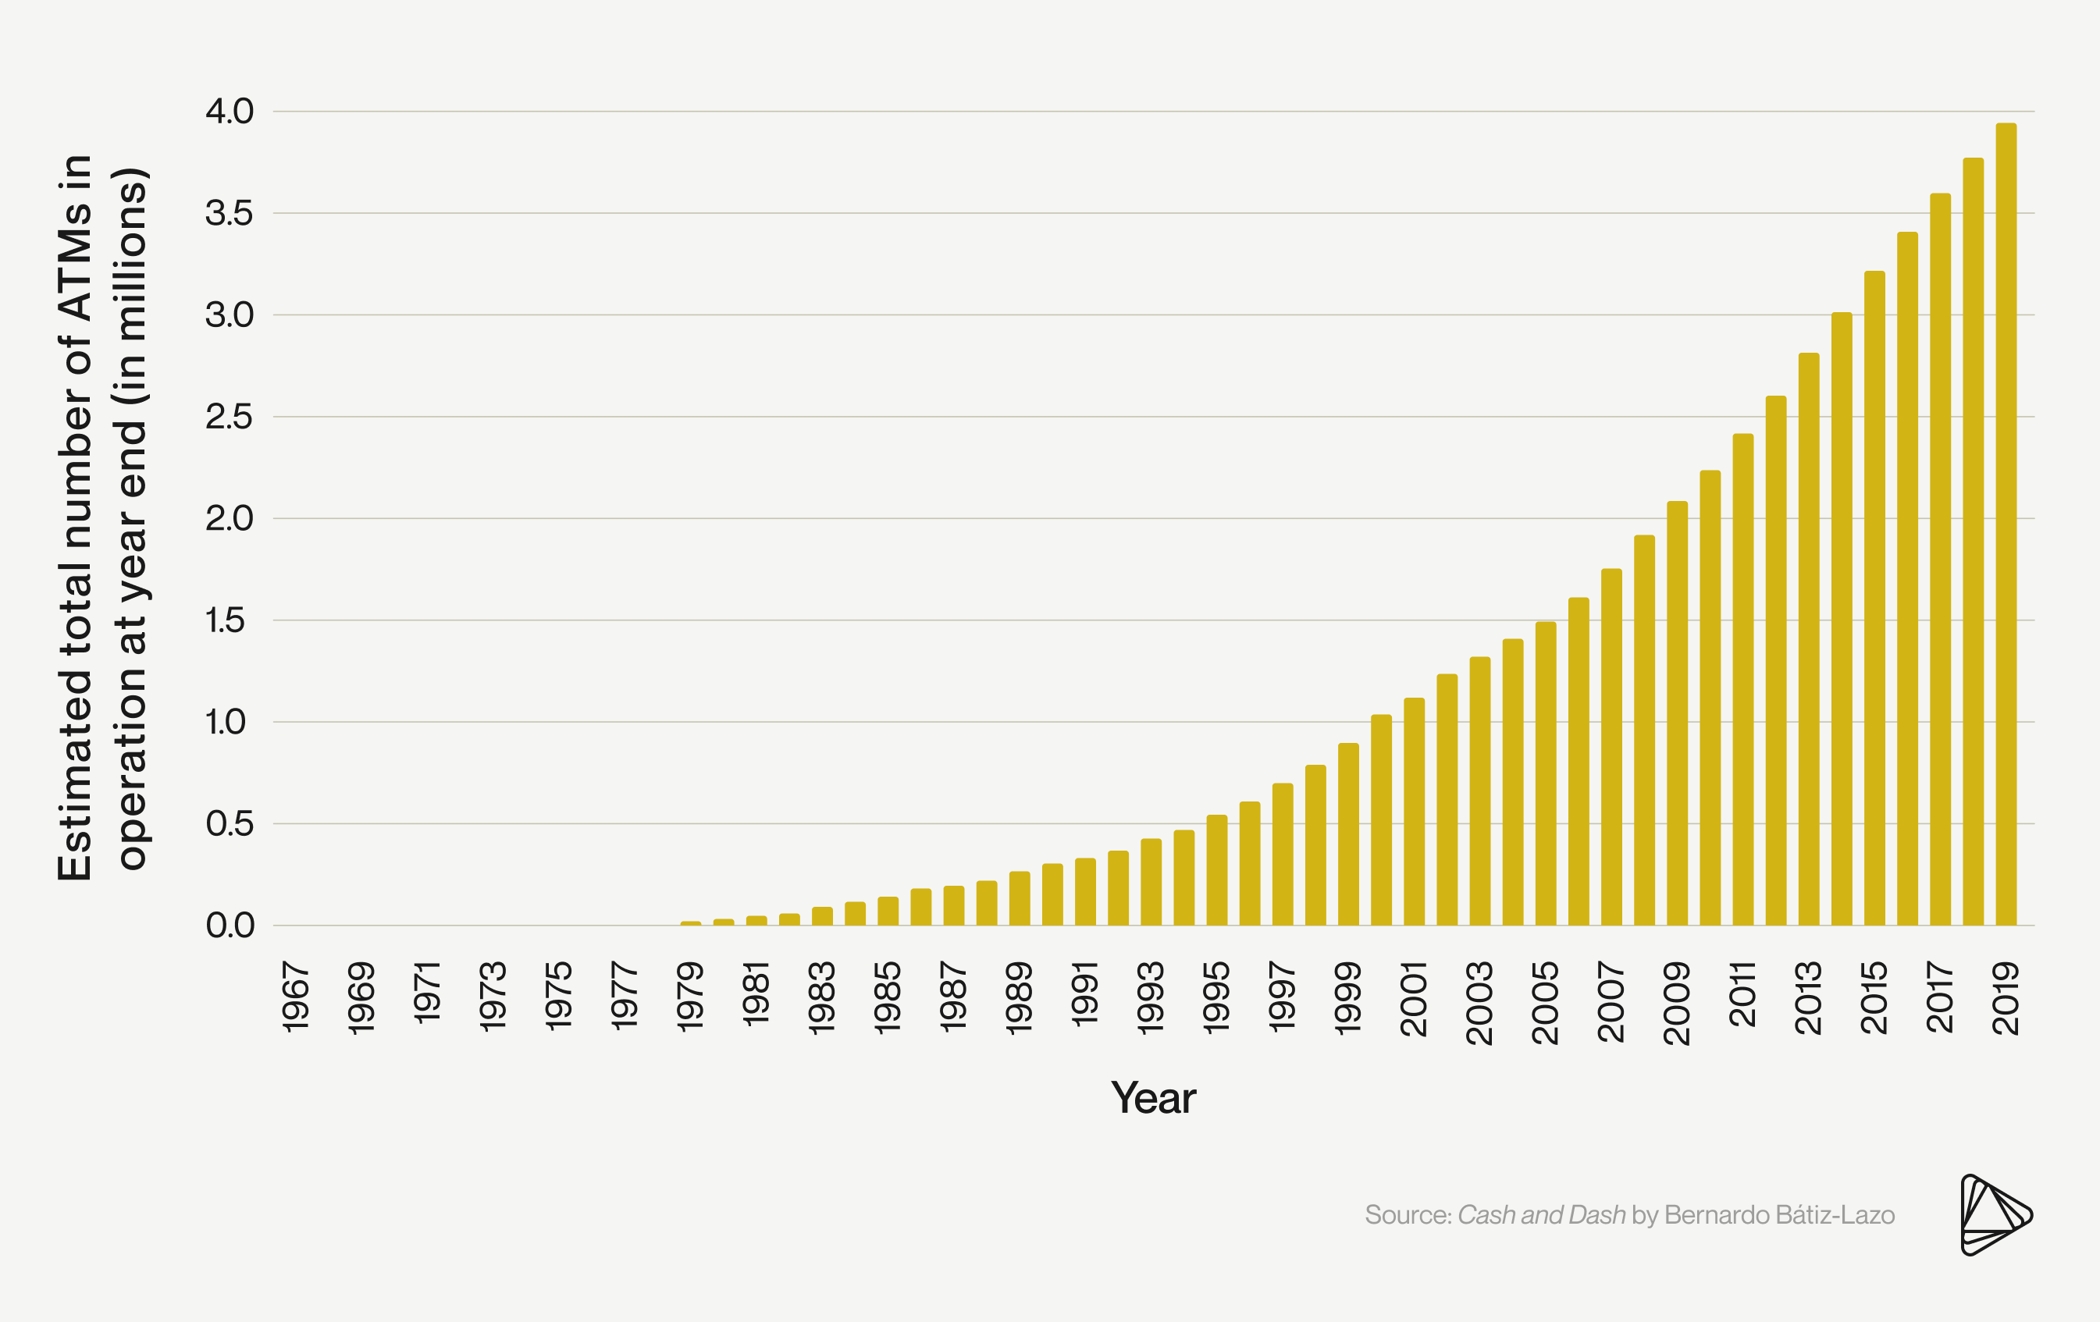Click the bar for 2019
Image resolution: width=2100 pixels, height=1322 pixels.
pyautogui.click(x=2006, y=523)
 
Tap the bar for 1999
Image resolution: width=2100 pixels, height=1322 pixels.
pyautogui.click(x=1348, y=833)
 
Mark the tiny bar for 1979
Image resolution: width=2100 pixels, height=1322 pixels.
pyautogui.click(x=691, y=922)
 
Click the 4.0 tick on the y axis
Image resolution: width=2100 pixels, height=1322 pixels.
pyautogui.click(x=230, y=112)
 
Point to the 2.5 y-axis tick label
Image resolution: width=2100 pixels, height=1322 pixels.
pyautogui.click(x=230, y=417)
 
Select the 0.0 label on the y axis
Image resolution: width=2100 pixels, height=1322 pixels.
pyautogui.click(x=230, y=926)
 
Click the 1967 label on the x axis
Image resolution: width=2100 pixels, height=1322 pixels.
pyautogui.click(x=297, y=997)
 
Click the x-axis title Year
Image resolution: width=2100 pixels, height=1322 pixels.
pyautogui.click(x=1153, y=1098)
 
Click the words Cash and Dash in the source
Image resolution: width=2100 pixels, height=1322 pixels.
pyautogui.click(x=1541, y=1215)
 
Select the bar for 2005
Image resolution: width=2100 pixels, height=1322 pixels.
pyautogui.click(x=1546, y=773)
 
